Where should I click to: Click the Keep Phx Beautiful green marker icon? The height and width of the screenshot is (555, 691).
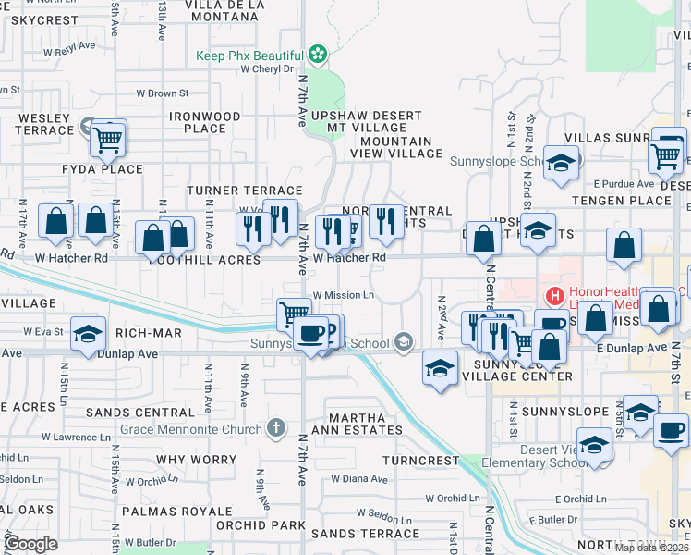pos(319,55)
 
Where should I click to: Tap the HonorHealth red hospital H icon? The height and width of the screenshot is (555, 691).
pos(554,296)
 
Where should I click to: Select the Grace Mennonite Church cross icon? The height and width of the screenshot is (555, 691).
pos(274,426)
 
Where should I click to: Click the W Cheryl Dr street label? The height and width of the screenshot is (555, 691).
pos(266,68)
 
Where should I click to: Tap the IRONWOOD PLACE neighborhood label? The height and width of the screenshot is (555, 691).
pos(205,122)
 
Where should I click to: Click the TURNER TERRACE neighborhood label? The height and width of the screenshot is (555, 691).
pos(232,190)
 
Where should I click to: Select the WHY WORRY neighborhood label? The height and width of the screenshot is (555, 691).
pos(197,459)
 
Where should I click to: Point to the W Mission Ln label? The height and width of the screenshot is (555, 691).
pos(343,296)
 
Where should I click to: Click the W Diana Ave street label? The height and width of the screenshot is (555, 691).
pos(359,479)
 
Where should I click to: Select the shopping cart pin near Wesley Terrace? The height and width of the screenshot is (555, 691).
pos(109,141)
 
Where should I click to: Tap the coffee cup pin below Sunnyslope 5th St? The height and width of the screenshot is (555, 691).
pos(671,428)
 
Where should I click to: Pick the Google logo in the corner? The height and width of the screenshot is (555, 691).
pos(31,544)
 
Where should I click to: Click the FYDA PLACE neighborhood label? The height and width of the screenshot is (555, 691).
pos(103,169)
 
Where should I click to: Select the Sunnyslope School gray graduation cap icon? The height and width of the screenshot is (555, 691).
pos(403,343)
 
